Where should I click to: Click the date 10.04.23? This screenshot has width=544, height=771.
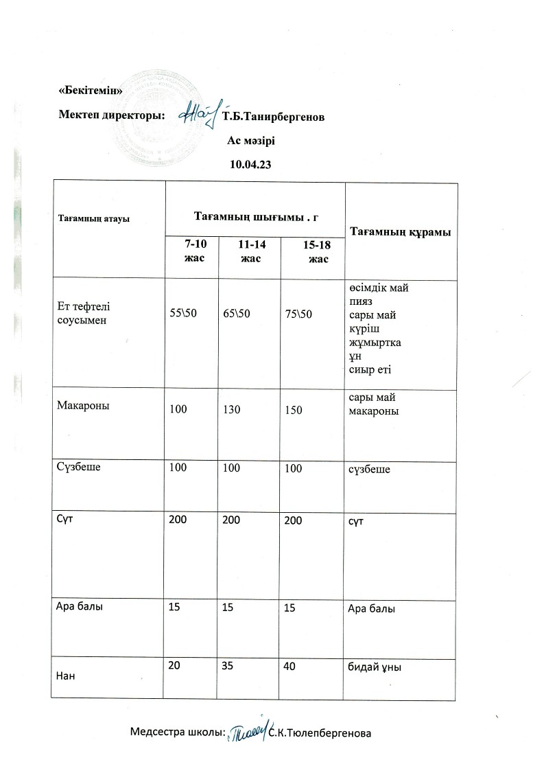250,165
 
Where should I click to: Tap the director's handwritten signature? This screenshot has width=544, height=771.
200,113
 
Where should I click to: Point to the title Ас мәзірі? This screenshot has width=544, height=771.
251,141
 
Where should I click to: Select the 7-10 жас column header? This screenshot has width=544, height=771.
191,251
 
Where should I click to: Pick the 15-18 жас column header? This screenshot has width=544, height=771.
318,252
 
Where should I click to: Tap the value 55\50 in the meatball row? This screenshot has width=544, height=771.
182,314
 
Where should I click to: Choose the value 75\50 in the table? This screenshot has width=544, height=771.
298,314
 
